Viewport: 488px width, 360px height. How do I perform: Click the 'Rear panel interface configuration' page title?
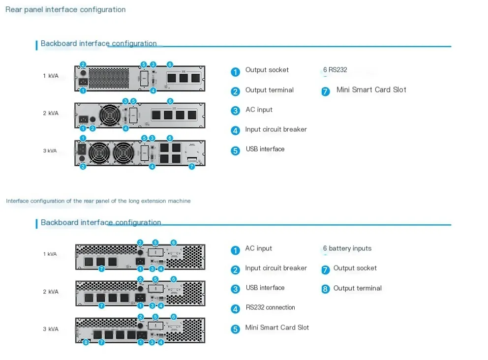pos(65,9)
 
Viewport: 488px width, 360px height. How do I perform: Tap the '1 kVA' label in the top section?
pos(50,76)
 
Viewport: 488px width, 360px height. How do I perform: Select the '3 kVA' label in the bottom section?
pos(50,329)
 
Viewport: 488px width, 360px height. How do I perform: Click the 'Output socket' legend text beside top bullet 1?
pos(267,70)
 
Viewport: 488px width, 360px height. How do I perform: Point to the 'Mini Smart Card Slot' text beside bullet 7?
pos(371,90)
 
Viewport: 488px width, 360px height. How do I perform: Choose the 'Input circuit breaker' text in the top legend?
pos(275,129)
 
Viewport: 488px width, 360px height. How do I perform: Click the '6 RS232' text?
pos(335,70)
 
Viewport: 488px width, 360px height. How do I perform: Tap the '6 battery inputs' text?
pos(347,248)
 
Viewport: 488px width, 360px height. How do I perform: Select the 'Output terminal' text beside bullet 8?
pos(357,288)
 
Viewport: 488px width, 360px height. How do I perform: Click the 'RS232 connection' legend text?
pos(270,307)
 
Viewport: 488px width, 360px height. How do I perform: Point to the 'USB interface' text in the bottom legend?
pos(265,288)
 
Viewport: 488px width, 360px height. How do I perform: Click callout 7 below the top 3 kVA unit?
pos(191,166)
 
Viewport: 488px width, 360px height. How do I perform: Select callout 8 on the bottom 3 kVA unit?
pos(86,342)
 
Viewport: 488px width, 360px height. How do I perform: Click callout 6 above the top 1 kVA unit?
pos(170,64)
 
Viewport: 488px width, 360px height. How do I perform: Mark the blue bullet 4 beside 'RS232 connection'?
pos(235,309)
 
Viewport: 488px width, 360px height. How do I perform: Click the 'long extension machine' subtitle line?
pos(98,201)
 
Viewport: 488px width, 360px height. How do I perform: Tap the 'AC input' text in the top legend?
pos(259,110)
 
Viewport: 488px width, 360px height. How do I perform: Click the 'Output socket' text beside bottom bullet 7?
pos(355,268)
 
